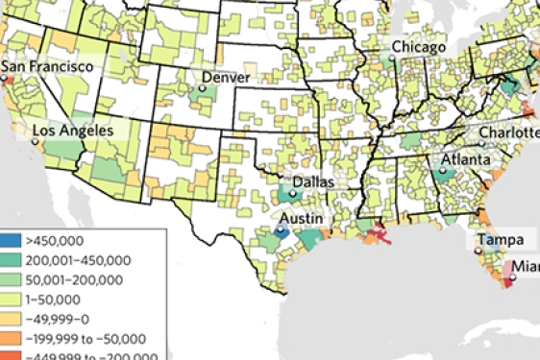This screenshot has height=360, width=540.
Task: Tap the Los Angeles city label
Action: pyautogui.click(x=72, y=130)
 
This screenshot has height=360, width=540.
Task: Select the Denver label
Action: pyautogui.click(x=226, y=76)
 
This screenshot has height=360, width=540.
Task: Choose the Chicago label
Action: pyautogui.click(x=418, y=47)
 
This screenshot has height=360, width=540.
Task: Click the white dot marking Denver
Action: pyautogui.click(x=203, y=88)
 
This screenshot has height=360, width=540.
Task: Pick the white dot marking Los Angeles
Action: pyautogui.click(x=35, y=141)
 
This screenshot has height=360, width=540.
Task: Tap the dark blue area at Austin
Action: pyautogui.click(x=281, y=231)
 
